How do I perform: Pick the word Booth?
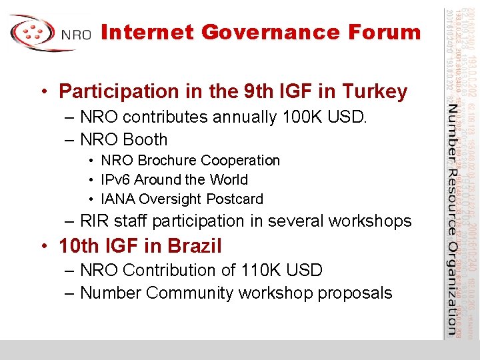click(145, 140)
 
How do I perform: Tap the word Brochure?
click(165, 161)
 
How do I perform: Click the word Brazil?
click(195, 246)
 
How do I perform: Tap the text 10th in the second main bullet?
click(79, 246)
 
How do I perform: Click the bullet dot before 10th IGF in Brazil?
click(45, 246)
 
